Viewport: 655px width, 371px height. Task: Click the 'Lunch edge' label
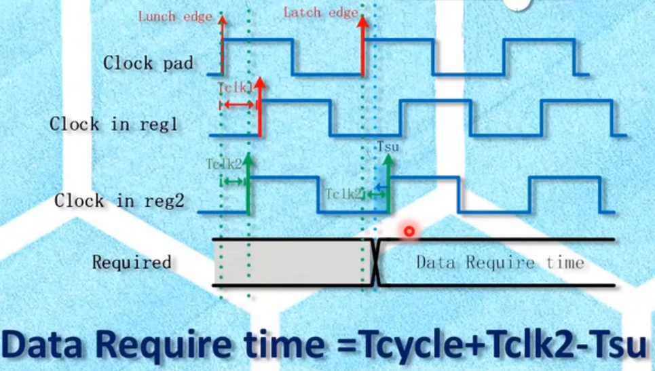[174, 16]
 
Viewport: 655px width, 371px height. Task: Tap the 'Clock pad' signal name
[148, 63]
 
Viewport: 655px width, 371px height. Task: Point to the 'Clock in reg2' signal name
[119, 201]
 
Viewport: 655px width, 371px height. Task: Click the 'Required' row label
[132, 262]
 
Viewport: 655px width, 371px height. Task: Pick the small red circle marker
[409, 231]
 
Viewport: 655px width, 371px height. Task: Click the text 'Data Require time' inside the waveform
[500, 262]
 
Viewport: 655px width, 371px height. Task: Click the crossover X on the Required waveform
[375, 262]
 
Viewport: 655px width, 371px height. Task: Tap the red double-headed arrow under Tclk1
[237, 104]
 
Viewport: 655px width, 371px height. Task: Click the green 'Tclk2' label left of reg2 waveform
[224, 164]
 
